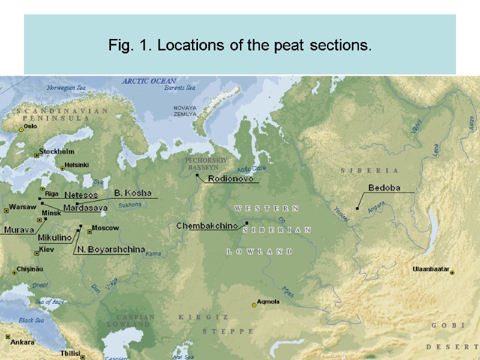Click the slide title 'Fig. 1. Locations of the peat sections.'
click(240, 45)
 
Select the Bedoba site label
click(384, 188)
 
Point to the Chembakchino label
click(207, 226)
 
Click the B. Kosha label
click(133, 193)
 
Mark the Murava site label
click(19, 230)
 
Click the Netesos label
click(80, 195)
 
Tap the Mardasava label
click(85, 208)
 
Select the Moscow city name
click(106, 228)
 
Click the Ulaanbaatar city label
click(430, 269)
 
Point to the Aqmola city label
click(268, 302)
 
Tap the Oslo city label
click(30, 126)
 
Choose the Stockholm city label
click(56, 151)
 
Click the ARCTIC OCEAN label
click(149, 81)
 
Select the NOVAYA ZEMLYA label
click(185, 110)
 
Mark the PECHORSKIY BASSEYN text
click(205, 164)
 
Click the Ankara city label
click(22, 342)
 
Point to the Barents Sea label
click(180, 88)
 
